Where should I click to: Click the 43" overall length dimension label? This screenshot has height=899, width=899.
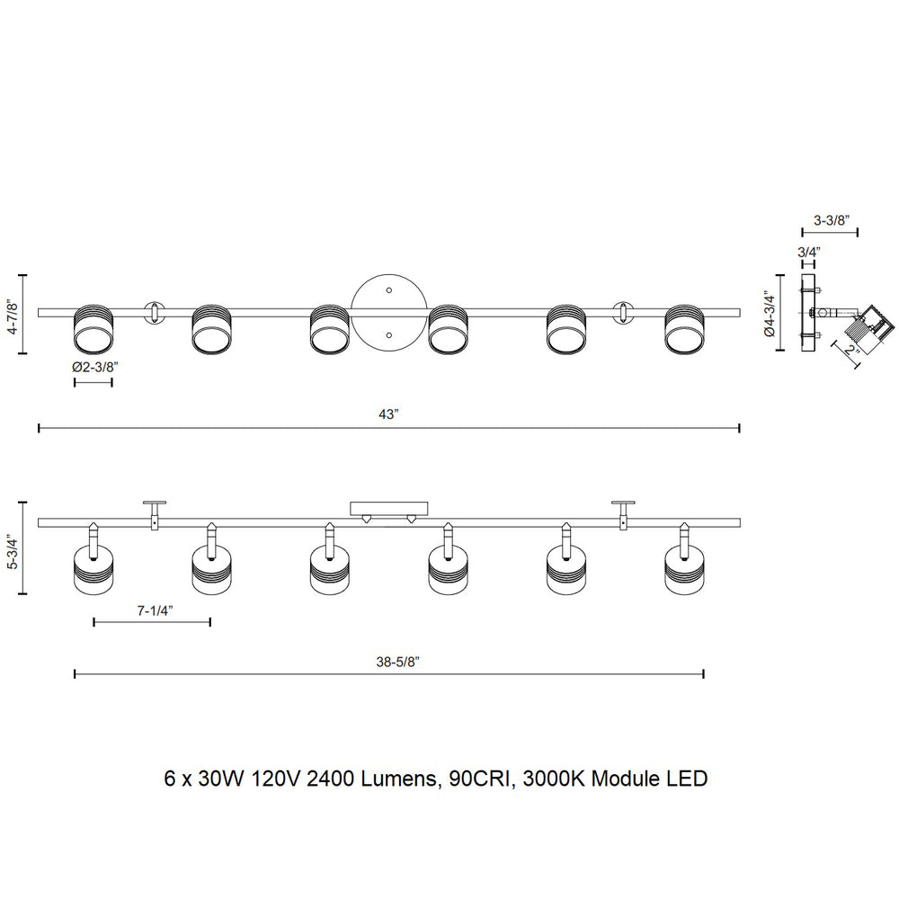pyautogui.click(x=388, y=414)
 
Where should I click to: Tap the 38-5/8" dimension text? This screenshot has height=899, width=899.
pyautogui.click(x=398, y=662)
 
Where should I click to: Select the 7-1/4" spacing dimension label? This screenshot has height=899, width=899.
pyautogui.click(x=155, y=610)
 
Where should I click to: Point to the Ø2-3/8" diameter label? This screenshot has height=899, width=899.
pyautogui.click(x=94, y=367)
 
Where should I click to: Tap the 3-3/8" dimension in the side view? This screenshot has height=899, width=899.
pyautogui.click(x=831, y=220)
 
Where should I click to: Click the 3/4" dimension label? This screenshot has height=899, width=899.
pyautogui.click(x=809, y=252)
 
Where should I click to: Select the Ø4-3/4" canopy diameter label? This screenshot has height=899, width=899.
pyautogui.click(x=770, y=315)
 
